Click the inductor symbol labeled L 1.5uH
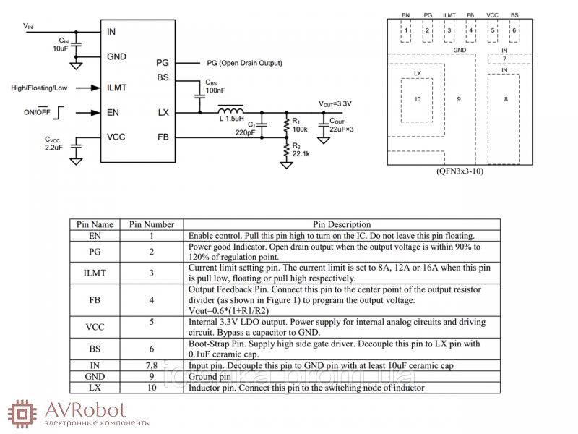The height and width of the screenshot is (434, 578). tap(230, 110)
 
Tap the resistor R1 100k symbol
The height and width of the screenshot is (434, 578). tap(286, 125)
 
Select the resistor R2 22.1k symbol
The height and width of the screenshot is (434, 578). tap(286, 150)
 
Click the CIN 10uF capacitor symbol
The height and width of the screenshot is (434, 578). tap(77, 44)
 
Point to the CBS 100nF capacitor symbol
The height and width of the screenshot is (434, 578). tap(199, 96)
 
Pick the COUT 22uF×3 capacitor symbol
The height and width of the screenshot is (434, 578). tap(323, 126)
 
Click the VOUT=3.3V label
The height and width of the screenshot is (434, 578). tap(335, 103)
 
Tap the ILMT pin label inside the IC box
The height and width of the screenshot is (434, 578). tap(116, 88)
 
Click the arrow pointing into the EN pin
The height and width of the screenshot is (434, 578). tap(87, 113)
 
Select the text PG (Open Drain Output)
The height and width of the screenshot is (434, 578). tap(244, 63)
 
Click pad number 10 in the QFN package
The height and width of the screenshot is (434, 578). tap(417, 100)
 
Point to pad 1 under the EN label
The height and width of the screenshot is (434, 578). tap(405, 30)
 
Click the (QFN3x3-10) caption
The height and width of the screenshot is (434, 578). tap(460, 171)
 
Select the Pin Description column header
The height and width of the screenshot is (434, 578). tap(342, 224)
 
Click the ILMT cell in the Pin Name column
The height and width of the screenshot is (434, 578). tap(95, 273)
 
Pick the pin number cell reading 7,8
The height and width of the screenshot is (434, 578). tap(152, 365)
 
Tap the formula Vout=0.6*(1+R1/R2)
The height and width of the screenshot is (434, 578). tap(228, 311)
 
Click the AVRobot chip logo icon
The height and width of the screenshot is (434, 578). tap(22, 413)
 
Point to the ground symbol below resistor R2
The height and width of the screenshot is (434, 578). tap(286, 164)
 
